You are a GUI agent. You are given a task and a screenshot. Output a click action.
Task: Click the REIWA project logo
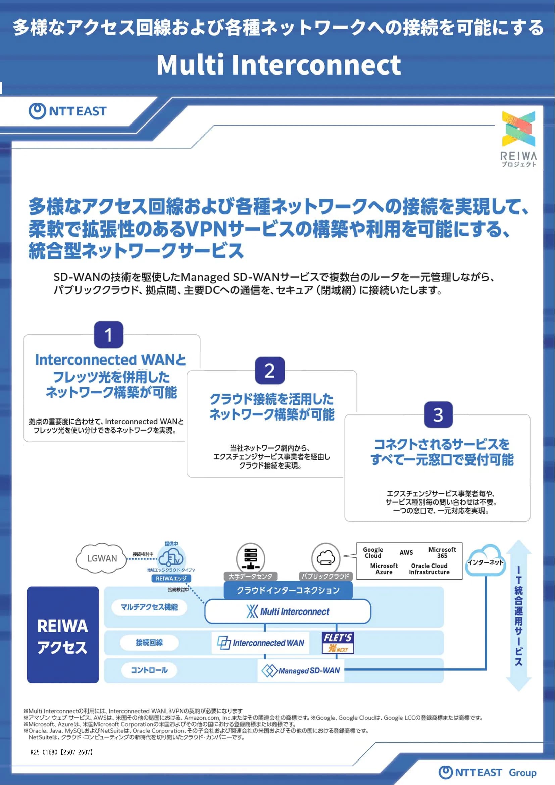pos(518,139)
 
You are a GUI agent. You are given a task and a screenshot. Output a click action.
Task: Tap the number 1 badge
pos(108,334)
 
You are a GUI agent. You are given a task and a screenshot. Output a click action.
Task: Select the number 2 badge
pos(270,371)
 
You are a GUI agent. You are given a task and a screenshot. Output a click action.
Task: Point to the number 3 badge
pos(438,414)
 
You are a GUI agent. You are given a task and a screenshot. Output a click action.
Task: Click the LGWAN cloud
pos(102,558)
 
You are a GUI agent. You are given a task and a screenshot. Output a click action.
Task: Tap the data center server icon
pos(251,557)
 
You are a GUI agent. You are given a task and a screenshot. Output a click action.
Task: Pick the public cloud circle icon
pos(326,558)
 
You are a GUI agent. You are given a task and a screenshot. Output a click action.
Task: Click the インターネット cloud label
pos(485,562)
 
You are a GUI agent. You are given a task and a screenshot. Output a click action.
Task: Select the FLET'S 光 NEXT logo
pos(338,642)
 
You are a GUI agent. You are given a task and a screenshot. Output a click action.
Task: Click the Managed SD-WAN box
pos(301,671)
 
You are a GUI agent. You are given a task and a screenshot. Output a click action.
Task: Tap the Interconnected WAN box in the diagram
pos(261,643)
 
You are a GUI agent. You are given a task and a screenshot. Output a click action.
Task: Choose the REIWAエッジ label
pos(171,578)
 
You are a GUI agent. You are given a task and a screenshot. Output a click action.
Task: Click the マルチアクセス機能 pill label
pos(149,607)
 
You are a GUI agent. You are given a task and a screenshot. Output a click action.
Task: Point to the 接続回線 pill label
pos(149,642)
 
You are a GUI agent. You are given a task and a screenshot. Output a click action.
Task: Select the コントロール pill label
pos(149,670)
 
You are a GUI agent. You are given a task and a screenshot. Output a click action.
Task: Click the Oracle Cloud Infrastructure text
pos(429,569)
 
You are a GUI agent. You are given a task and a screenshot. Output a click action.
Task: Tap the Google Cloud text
pos(373,552)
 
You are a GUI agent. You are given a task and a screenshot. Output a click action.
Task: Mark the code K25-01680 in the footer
pos(44,752)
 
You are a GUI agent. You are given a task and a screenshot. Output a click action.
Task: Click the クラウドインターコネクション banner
pos(288,590)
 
